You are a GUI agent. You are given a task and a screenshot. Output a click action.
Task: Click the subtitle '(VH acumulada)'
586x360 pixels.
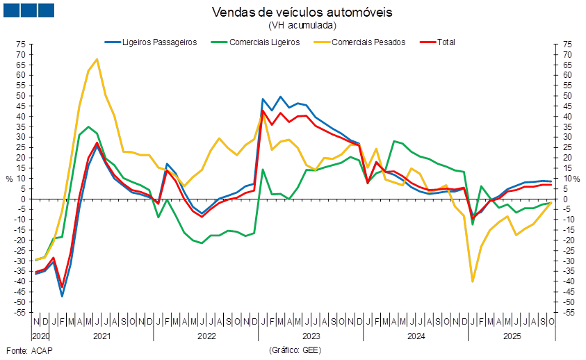(x=302, y=25)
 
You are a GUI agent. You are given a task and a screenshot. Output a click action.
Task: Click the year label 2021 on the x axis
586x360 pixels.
(x=101, y=336)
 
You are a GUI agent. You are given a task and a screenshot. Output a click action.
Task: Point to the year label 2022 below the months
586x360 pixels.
(x=206, y=336)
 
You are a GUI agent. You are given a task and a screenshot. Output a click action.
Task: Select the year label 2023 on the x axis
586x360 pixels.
(x=311, y=336)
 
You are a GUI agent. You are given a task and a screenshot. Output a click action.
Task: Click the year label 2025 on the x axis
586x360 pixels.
(x=512, y=336)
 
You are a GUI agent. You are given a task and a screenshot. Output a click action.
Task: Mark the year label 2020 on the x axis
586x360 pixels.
(x=40, y=336)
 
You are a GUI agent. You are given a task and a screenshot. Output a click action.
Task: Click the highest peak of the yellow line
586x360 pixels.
(x=97, y=59)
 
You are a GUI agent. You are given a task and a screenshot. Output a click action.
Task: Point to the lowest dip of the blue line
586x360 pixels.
(x=62, y=296)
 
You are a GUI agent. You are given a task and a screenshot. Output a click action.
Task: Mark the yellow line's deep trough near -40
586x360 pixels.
(x=473, y=281)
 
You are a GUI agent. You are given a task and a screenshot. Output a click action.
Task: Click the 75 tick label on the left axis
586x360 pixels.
(x=22, y=44)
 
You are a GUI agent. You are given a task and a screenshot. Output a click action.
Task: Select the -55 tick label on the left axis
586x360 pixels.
(x=22, y=313)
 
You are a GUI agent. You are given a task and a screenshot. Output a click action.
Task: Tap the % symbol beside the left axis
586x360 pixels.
(x=9, y=179)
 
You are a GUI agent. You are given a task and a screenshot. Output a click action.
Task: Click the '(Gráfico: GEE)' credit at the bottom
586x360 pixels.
(x=293, y=350)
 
